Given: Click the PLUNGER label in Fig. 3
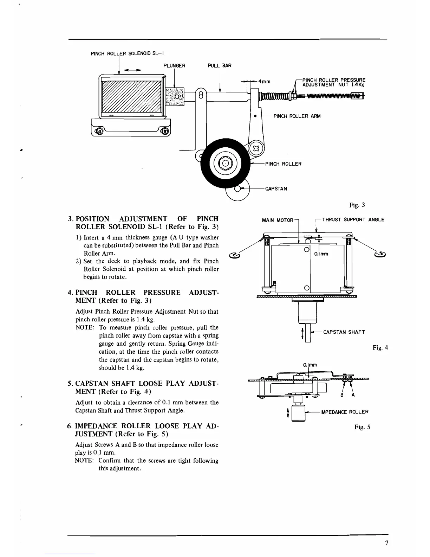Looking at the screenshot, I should click(174, 66).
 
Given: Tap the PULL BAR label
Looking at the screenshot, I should click(220, 66).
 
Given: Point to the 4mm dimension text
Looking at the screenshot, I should click(264, 82).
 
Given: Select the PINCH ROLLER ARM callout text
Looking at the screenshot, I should click(297, 116).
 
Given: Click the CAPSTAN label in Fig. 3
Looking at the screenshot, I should click(276, 189).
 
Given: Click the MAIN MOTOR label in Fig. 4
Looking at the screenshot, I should click(278, 220).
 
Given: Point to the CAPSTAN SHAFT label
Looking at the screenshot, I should click(344, 332).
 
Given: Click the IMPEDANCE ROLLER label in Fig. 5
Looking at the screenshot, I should click(344, 412).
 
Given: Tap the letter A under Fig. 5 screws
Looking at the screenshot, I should click(353, 395).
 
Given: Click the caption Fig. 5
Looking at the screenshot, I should click(362, 427).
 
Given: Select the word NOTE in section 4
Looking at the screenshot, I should click(84, 328).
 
